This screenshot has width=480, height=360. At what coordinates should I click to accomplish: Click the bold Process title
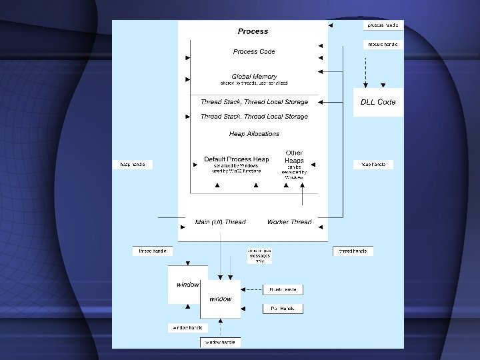[x=253, y=31]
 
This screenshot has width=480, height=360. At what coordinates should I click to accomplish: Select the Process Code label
[x=254, y=51]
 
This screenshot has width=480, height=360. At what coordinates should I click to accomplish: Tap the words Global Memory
[x=254, y=77]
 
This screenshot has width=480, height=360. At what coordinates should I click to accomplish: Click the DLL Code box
[x=378, y=102]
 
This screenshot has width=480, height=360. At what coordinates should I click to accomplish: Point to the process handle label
[x=383, y=25]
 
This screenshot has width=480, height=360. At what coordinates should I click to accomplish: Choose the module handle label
[x=383, y=44]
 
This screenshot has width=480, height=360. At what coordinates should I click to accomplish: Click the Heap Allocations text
[x=254, y=134]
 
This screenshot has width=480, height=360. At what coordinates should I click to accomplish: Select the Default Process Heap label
[x=237, y=159]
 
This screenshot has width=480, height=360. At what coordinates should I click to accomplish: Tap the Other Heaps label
[x=294, y=157]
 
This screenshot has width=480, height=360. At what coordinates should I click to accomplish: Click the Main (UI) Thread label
[x=220, y=222]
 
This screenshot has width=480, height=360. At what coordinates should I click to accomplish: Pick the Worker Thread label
[x=289, y=222]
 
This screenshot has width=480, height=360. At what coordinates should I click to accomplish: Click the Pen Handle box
[x=283, y=309]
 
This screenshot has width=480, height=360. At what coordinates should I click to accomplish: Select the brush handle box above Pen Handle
[x=283, y=289]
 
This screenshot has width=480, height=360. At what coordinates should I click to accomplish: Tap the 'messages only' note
[x=259, y=255]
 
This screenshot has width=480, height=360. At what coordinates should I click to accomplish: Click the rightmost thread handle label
[x=353, y=251]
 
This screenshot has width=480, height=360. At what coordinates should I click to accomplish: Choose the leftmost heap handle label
[x=133, y=164]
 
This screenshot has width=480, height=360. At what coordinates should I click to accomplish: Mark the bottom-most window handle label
[x=220, y=342]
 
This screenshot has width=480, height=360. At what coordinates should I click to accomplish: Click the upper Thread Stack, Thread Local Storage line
[x=254, y=102]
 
